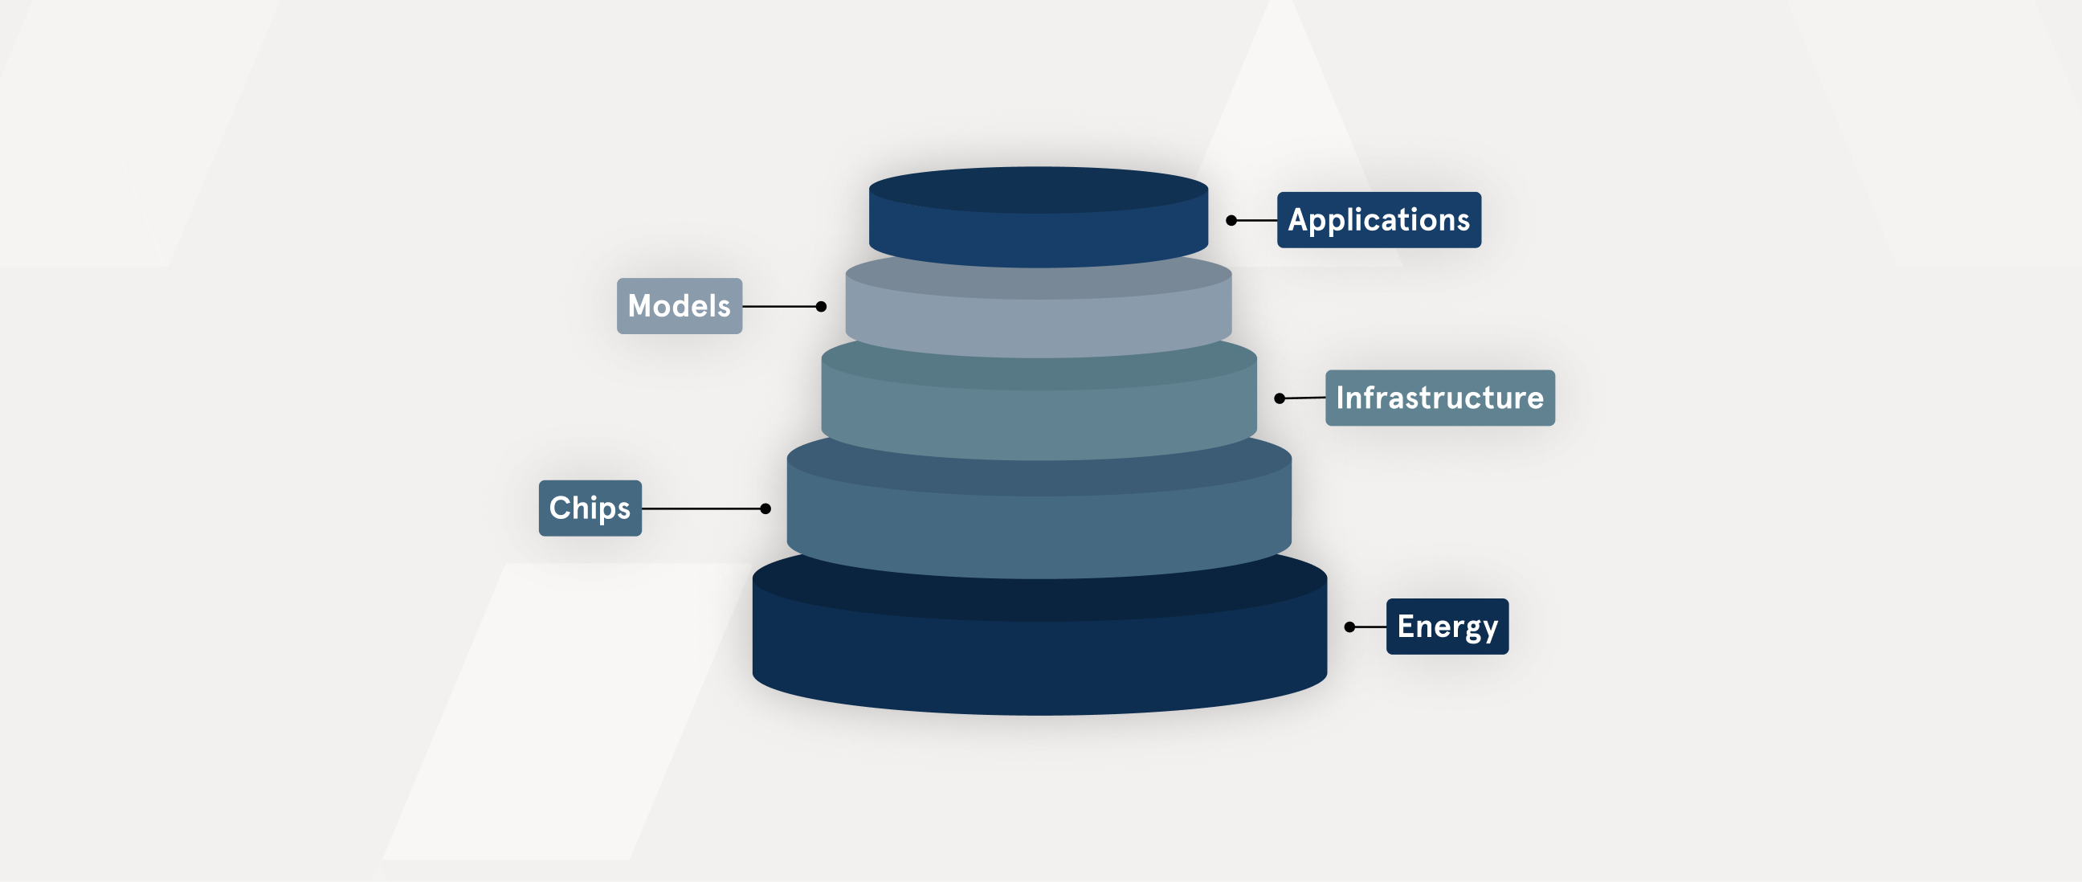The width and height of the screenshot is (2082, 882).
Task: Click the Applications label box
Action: tap(1379, 220)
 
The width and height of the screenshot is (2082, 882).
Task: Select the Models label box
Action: tap(680, 306)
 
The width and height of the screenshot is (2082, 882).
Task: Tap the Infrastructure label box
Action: tap(1440, 398)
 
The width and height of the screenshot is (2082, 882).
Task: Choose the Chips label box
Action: tap(590, 508)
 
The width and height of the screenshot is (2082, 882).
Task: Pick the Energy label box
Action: tap(1447, 627)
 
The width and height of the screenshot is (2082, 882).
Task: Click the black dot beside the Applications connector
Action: tap(1231, 221)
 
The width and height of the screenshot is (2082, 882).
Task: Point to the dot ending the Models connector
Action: tap(821, 306)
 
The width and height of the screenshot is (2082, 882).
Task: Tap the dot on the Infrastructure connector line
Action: tap(1280, 398)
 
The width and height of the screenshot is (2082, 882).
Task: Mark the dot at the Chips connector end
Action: tap(765, 508)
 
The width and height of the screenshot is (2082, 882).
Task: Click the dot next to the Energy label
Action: tap(1349, 627)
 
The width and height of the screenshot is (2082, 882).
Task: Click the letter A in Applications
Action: tap(1300, 220)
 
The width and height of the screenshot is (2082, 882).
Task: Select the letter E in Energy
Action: tap(1406, 627)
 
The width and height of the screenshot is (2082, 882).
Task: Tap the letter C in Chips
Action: tap(560, 508)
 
